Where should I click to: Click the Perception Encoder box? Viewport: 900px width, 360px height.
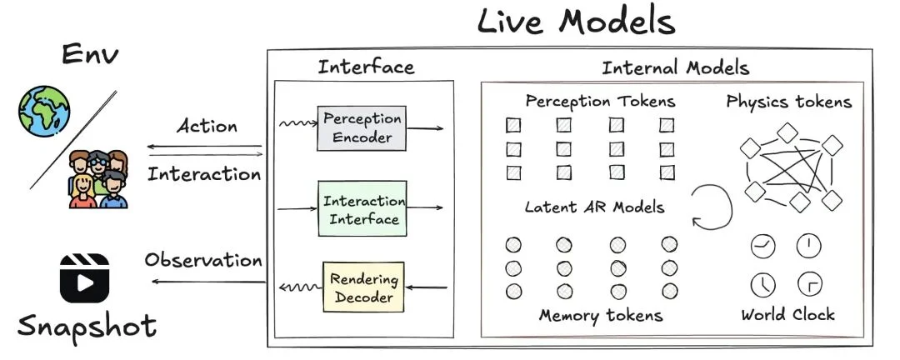[x=362, y=128]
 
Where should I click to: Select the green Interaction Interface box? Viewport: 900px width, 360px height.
[x=362, y=208]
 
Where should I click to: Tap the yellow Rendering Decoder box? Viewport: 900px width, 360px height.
[x=363, y=287]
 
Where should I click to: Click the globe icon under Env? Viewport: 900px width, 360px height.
[x=44, y=112]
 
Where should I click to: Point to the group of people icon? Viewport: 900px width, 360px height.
[x=98, y=179]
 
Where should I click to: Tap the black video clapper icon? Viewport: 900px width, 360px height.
[x=84, y=277]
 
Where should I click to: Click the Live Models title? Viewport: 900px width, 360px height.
[x=576, y=21]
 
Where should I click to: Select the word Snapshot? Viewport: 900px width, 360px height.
[x=87, y=327]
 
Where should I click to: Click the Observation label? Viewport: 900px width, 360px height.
[x=203, y=260]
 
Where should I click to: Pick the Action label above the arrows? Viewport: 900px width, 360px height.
[x=207, y=126]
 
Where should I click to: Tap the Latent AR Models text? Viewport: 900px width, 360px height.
[x=595, y=207]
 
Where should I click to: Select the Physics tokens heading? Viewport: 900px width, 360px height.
[x=788, y=102]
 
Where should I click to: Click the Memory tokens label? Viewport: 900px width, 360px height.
[x=601, y=315]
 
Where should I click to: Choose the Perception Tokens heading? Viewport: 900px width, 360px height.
[x=600, y=102]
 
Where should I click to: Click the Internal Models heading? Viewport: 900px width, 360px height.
[x=676, y=67]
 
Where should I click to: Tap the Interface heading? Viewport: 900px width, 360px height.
[x=366, y=67]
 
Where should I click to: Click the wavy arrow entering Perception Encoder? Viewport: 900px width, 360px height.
[x=297, y=123]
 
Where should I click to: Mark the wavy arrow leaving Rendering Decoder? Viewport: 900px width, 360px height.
[x=301, y=287]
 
